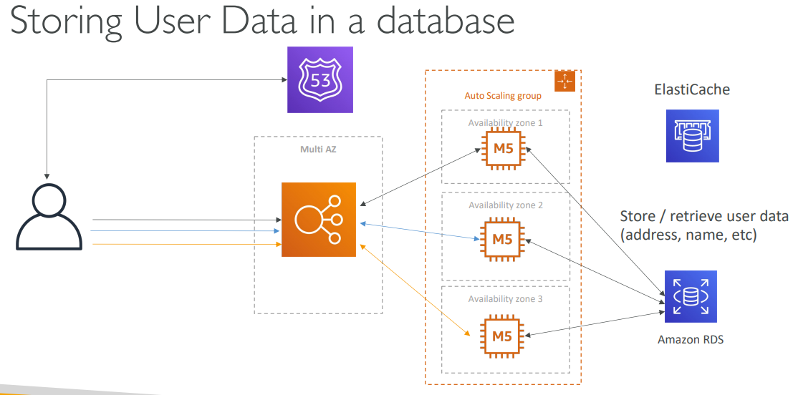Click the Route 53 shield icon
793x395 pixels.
tap(320, 79)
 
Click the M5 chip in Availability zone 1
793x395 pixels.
tap(502, 149)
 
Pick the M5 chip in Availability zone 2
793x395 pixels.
tap(502, 239)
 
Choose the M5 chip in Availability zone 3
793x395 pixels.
tap(502, 334)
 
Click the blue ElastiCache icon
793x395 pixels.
tap(691, 135)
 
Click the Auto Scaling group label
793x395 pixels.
tap(503, 96)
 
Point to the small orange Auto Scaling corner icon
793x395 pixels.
tap(566, 81)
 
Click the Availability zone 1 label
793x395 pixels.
tap(505, 122)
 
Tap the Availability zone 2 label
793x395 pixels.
tap(505, 205)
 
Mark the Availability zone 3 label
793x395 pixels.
tap(505, 299)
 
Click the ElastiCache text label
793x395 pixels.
tap(691, 90)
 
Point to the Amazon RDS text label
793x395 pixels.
tap(691, 340)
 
